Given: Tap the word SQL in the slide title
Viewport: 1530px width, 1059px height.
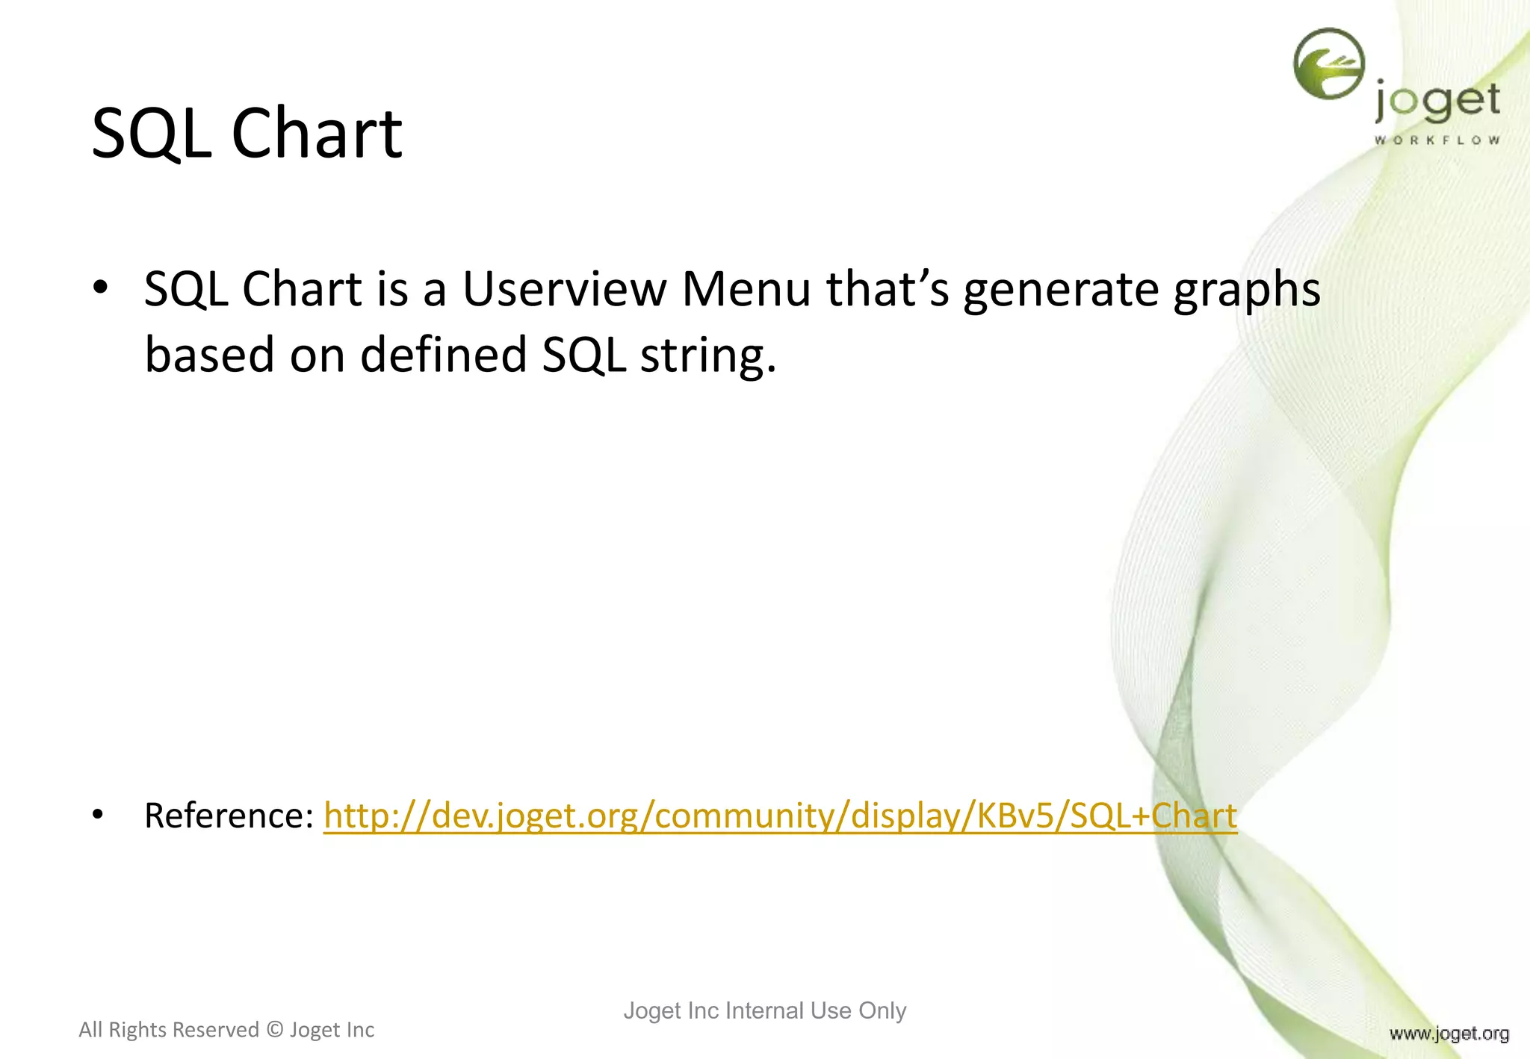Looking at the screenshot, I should click(152, 134).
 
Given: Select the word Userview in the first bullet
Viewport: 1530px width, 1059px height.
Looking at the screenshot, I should click(564, 289).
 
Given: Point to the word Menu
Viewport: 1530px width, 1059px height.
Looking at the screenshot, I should click(746, 289).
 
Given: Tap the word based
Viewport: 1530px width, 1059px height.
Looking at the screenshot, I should click(210, 354).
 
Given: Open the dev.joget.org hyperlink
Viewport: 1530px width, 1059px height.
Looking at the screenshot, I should click(780, 816).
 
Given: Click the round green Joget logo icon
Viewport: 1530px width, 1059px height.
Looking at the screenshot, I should click(1329, 63).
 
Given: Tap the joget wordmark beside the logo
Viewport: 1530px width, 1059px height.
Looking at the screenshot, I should click(1437, 102).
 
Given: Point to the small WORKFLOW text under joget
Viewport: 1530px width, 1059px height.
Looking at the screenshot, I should click(1437, 140).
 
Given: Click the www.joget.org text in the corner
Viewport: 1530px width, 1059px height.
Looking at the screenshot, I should click(1449, 1034).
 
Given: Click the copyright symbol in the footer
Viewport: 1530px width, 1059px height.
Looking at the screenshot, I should click(275, 1030).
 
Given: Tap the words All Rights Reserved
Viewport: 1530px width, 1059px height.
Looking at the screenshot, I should click(169, 1030).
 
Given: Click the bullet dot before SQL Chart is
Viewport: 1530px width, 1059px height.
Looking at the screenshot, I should click(100, 289).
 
